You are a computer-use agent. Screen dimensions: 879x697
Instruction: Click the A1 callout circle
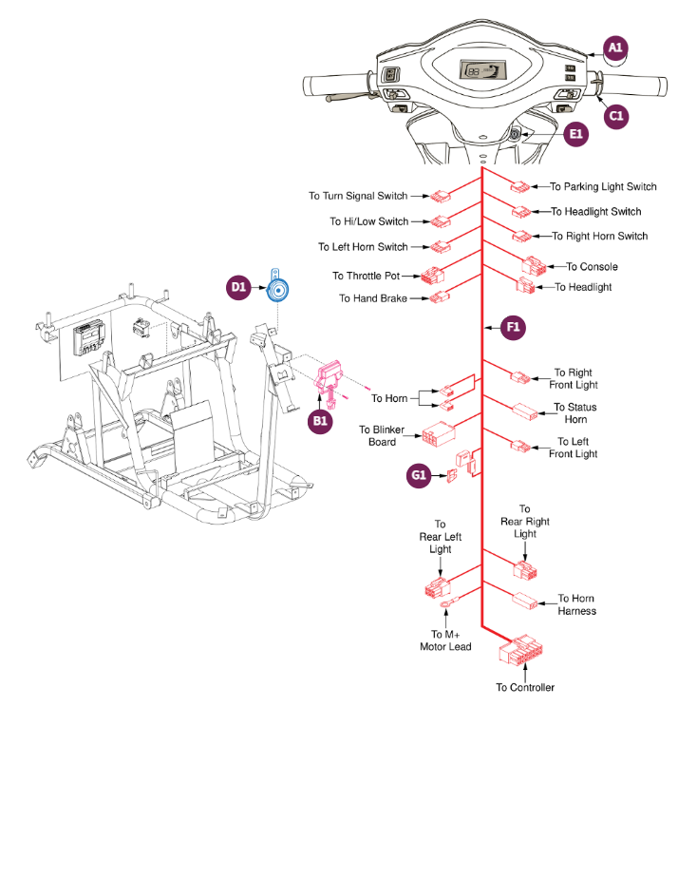pos(615,48)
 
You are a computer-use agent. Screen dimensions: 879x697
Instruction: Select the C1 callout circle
pos(615,116)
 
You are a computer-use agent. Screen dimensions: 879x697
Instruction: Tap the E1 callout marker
pos(575,135)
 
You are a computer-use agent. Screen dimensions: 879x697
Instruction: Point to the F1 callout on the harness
pos(513,328)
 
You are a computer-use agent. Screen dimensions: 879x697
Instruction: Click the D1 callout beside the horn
pos(238,285)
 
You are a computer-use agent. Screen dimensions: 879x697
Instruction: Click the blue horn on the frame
pos(278,290)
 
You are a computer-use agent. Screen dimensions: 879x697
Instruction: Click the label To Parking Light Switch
pos(603,187)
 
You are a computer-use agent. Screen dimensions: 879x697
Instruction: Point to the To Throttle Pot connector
pos(433,277)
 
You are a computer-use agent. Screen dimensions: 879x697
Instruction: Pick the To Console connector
pos(532,266)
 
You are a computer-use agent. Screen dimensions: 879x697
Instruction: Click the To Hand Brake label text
pos(373,298)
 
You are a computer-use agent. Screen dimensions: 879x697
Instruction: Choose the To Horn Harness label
pos(576,605)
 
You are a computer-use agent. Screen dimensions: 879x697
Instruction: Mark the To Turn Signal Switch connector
pos(440,197)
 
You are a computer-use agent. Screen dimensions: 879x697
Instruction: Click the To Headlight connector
pos(526,286)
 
